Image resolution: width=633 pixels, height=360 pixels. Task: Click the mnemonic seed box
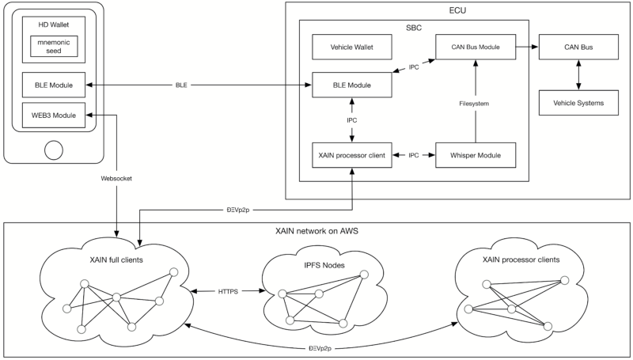[54, 47]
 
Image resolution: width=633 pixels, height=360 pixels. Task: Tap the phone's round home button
[54, 150]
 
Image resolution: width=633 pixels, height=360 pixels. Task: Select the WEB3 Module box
[54, 116]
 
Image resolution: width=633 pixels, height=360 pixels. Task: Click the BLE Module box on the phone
[54, 85]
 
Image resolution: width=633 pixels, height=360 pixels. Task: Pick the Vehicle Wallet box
[351, 47]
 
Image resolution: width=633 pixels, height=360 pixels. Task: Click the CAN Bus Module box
[476, 47]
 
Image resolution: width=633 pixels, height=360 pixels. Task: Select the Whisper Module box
[476, 155]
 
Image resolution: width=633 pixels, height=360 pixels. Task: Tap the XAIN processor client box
[351, 155]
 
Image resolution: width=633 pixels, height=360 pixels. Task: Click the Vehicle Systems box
[578, 103]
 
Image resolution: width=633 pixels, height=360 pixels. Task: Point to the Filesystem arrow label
[474, 104]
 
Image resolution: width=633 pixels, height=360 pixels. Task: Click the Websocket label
[116, 178]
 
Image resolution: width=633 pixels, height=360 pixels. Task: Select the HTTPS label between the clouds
[228, 291]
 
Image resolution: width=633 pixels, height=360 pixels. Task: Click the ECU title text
[457, 10]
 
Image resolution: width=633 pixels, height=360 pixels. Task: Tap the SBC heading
[414, 28]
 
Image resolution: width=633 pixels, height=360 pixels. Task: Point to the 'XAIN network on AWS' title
[316, 231]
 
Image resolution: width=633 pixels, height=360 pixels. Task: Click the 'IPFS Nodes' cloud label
[324, 265]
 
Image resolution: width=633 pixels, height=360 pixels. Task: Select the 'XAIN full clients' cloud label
[116, 260]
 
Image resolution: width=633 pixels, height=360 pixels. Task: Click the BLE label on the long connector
[181, 85]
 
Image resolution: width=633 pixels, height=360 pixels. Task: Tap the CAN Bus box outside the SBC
[578, 47]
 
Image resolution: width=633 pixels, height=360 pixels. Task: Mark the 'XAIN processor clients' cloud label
[521, 260]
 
